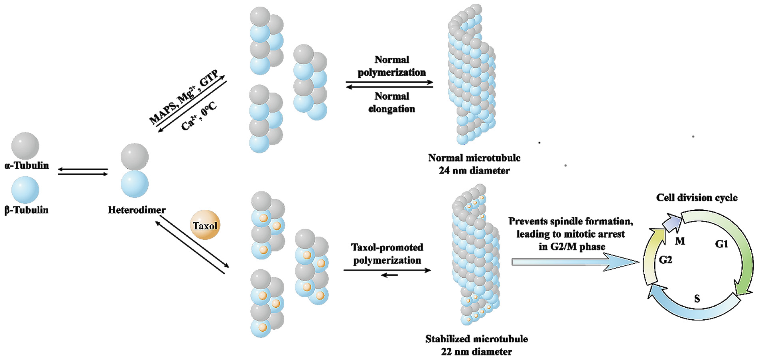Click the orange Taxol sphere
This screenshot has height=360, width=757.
205,225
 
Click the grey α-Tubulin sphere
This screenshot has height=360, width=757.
25,146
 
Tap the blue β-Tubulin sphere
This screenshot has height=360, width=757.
25,189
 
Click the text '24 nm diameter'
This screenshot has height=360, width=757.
474,171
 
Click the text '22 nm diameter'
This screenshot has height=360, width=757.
476,351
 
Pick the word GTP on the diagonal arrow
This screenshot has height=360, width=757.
209,78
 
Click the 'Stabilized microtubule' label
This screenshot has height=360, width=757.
476,339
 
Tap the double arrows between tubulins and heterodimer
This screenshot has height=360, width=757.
83,172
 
